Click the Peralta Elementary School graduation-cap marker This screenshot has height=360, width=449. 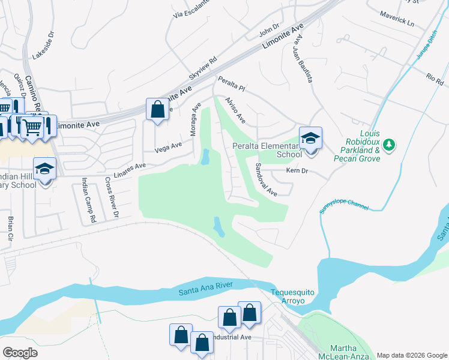point(310,139)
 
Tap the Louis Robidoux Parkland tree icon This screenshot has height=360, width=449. point(390,144)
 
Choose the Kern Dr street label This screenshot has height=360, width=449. point(297,171)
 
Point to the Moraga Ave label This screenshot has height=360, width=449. point(196,119)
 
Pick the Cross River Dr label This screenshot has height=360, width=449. point(112,197)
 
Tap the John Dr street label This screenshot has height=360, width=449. point(270,30)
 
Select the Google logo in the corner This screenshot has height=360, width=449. point(19,353)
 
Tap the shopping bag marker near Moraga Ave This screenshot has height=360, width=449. point(157,110)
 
